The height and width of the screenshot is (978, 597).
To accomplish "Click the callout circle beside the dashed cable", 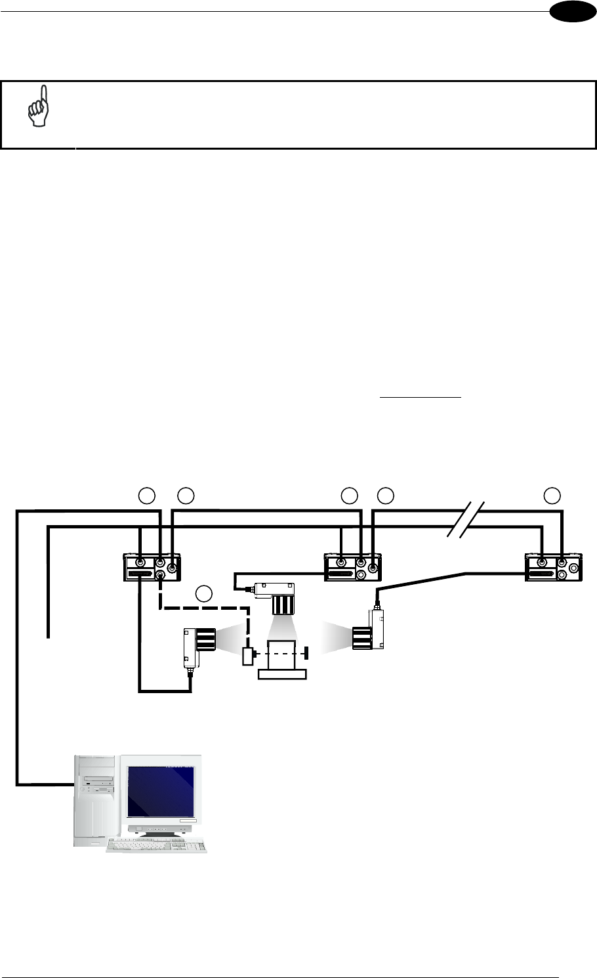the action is (205, 594).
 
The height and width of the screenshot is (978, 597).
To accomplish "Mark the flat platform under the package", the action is (283, 674).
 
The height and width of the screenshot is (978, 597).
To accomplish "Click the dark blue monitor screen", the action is (161, 790).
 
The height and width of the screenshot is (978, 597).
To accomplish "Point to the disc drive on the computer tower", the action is (98, 782).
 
